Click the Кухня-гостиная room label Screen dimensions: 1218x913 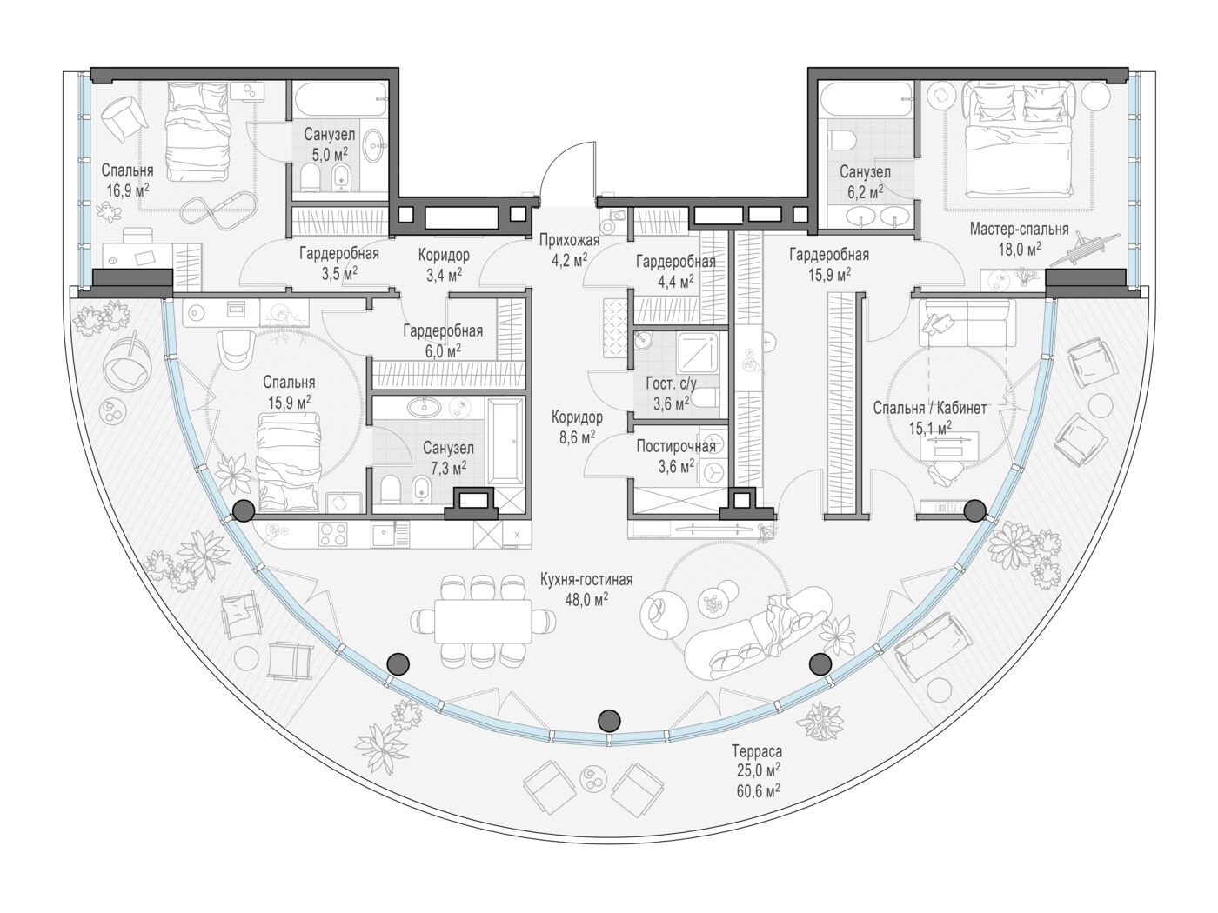click(586, 579)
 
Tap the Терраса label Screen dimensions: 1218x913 click(757, 751)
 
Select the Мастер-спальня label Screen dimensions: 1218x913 click(1019, 229)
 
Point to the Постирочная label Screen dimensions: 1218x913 click(676, 446)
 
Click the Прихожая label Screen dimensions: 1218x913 click(569, 240)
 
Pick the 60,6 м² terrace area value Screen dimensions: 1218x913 click(758, 791)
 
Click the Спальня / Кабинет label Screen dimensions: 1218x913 click(929, 409)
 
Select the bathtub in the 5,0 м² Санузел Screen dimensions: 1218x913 click(340, 100)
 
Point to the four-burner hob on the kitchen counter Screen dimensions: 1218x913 click(333, 535)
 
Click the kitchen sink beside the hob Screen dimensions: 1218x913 click(381, 535)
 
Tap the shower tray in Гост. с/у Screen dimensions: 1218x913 click(698, 353)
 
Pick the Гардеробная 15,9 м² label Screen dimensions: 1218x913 click(829, 263)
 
